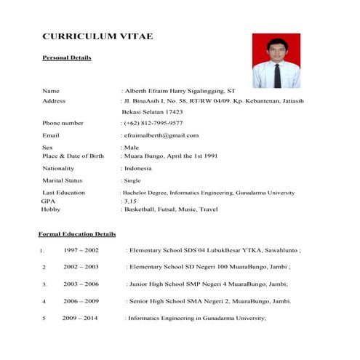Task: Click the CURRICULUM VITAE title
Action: click(97, 36)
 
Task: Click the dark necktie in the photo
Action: click(276, 74)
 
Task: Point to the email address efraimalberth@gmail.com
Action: click(161, 135)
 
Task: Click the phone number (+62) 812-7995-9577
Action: click(153, 124)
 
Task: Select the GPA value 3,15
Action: click(131, 200)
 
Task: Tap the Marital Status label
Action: click(63, 180)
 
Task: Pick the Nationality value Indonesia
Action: click(138, 168)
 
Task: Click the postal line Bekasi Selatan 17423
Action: click(153, 112)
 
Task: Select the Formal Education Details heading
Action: click(77, 234)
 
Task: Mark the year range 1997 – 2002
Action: click(81, 249)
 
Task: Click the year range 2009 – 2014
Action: click(79, 318)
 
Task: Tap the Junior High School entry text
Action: click(208, 284)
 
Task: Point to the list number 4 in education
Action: click(44, 301)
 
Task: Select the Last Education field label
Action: click(64, 193)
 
